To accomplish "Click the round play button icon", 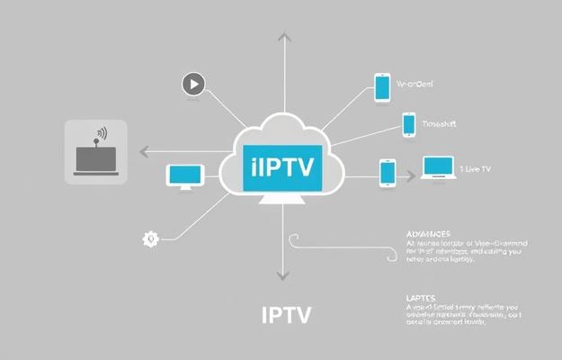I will click(x=193, y=85).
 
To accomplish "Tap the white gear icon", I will click(x=150, y=238).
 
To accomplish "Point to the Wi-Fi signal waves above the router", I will click(x=102, y=134).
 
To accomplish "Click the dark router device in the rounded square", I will click(x=95, y=158).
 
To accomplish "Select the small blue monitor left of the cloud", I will click(x=181, y=175).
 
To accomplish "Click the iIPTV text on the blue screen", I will click(x=282, y=167).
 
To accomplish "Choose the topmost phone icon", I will click(x=382, y=87).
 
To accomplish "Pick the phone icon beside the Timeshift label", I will click(x=409, y=125).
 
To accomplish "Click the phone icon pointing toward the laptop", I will click(x=388, y=172).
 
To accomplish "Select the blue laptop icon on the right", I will click(x=438, y=168).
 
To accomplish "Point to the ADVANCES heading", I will click(x=427, y=231).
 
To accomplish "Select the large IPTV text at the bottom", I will click(x=286, y=316).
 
